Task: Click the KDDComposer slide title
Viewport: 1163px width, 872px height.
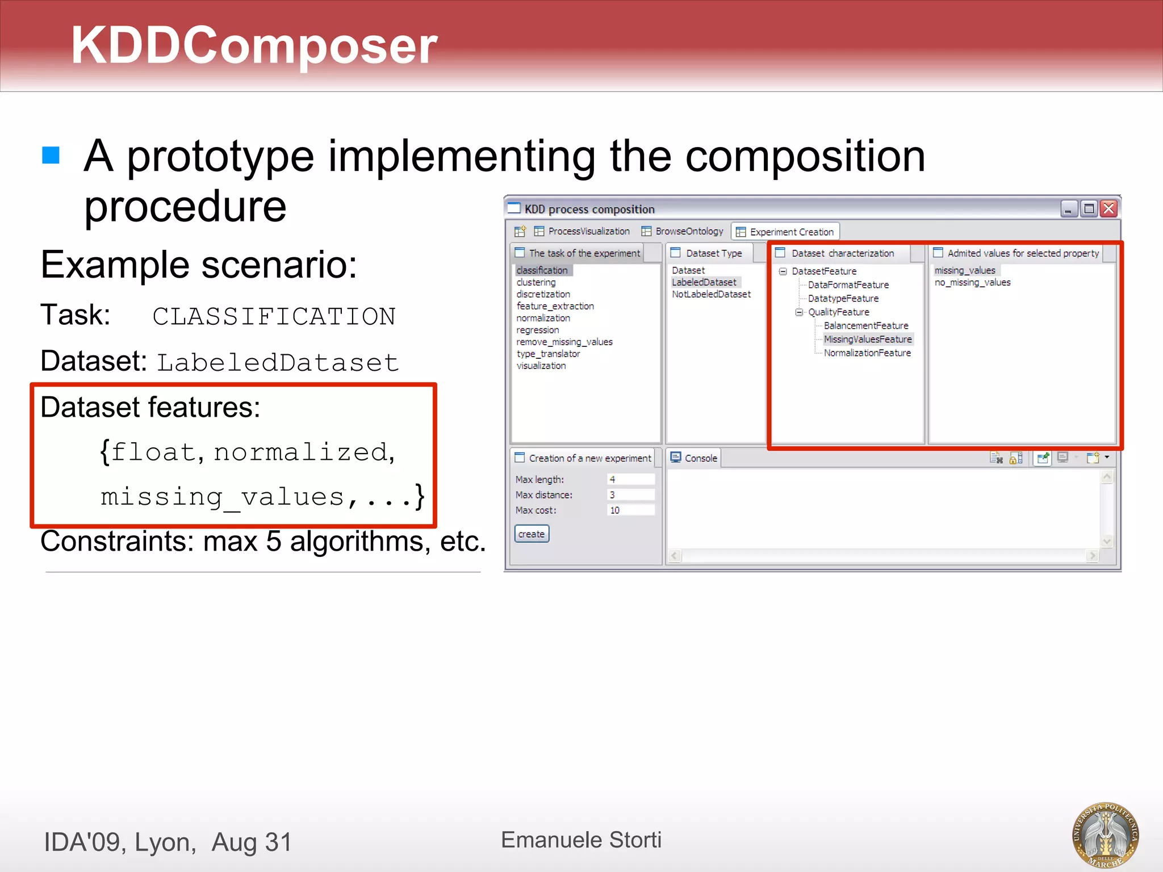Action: pos(254,45)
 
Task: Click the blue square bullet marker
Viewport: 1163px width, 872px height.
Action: pos(51,155)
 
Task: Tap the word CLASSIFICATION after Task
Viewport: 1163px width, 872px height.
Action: pos(274,316)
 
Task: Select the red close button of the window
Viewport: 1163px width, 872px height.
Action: pos(1108,209)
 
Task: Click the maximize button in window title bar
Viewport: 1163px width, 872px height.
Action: pos(1089,209)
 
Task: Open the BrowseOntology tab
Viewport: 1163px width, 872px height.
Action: pos(688,231)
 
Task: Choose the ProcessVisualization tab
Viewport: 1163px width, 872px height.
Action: pos(588,231)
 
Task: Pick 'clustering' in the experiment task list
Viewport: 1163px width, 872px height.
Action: pos(536,282)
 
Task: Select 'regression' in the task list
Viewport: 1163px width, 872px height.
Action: pos(537,330)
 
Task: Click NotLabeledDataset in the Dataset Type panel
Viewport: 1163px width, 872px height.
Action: pos(711,294)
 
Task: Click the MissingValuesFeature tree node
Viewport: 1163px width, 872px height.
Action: pos(867,339)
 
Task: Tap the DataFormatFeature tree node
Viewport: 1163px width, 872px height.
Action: pos(848,284)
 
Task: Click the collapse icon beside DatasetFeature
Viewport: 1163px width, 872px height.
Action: pos(783,271)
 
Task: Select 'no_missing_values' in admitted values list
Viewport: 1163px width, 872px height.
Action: pos(972,282)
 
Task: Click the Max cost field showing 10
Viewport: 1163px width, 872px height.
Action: pos(630,510)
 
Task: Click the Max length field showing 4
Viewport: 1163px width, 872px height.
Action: pos(630,479)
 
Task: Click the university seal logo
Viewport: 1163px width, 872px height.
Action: pos(1105,835)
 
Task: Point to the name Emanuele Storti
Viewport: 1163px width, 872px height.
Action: pos(581,840)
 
